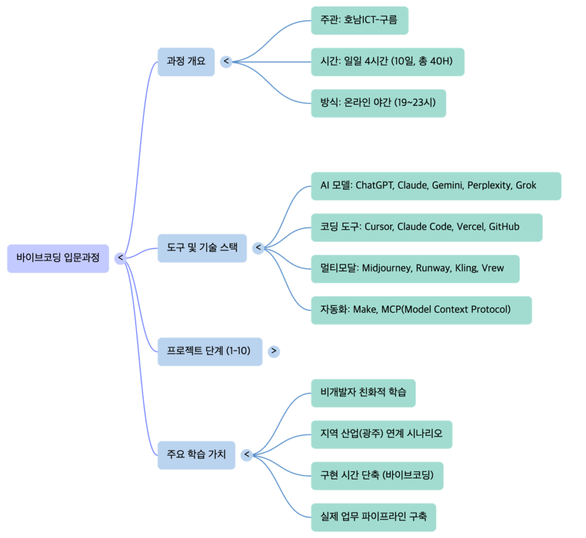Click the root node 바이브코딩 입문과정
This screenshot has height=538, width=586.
coord(58,258)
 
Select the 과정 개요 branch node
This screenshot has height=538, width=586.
coord(186,61)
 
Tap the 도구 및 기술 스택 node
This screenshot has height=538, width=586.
coord(202,248)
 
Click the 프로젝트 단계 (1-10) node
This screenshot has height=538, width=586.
coord(210,351)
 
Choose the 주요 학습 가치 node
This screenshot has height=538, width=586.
coord(196,455)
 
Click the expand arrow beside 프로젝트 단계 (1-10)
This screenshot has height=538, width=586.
coord(274,351)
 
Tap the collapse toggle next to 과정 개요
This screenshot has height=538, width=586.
coord(226,61)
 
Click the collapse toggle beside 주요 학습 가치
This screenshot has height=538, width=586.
coord(247,455)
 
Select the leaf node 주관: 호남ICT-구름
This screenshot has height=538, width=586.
coord(359,21)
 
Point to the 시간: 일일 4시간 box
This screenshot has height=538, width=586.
coord(387,61)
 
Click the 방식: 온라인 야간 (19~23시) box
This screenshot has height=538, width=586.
coord(378,103)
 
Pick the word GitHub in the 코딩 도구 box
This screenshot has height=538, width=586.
coord(504,227)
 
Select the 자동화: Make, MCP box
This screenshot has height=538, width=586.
coord(421,310)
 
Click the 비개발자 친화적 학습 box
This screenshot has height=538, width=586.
coord(363,393)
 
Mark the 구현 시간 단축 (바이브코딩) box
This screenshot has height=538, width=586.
coord(377,476)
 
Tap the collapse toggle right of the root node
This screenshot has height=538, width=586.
coord(120,258)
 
